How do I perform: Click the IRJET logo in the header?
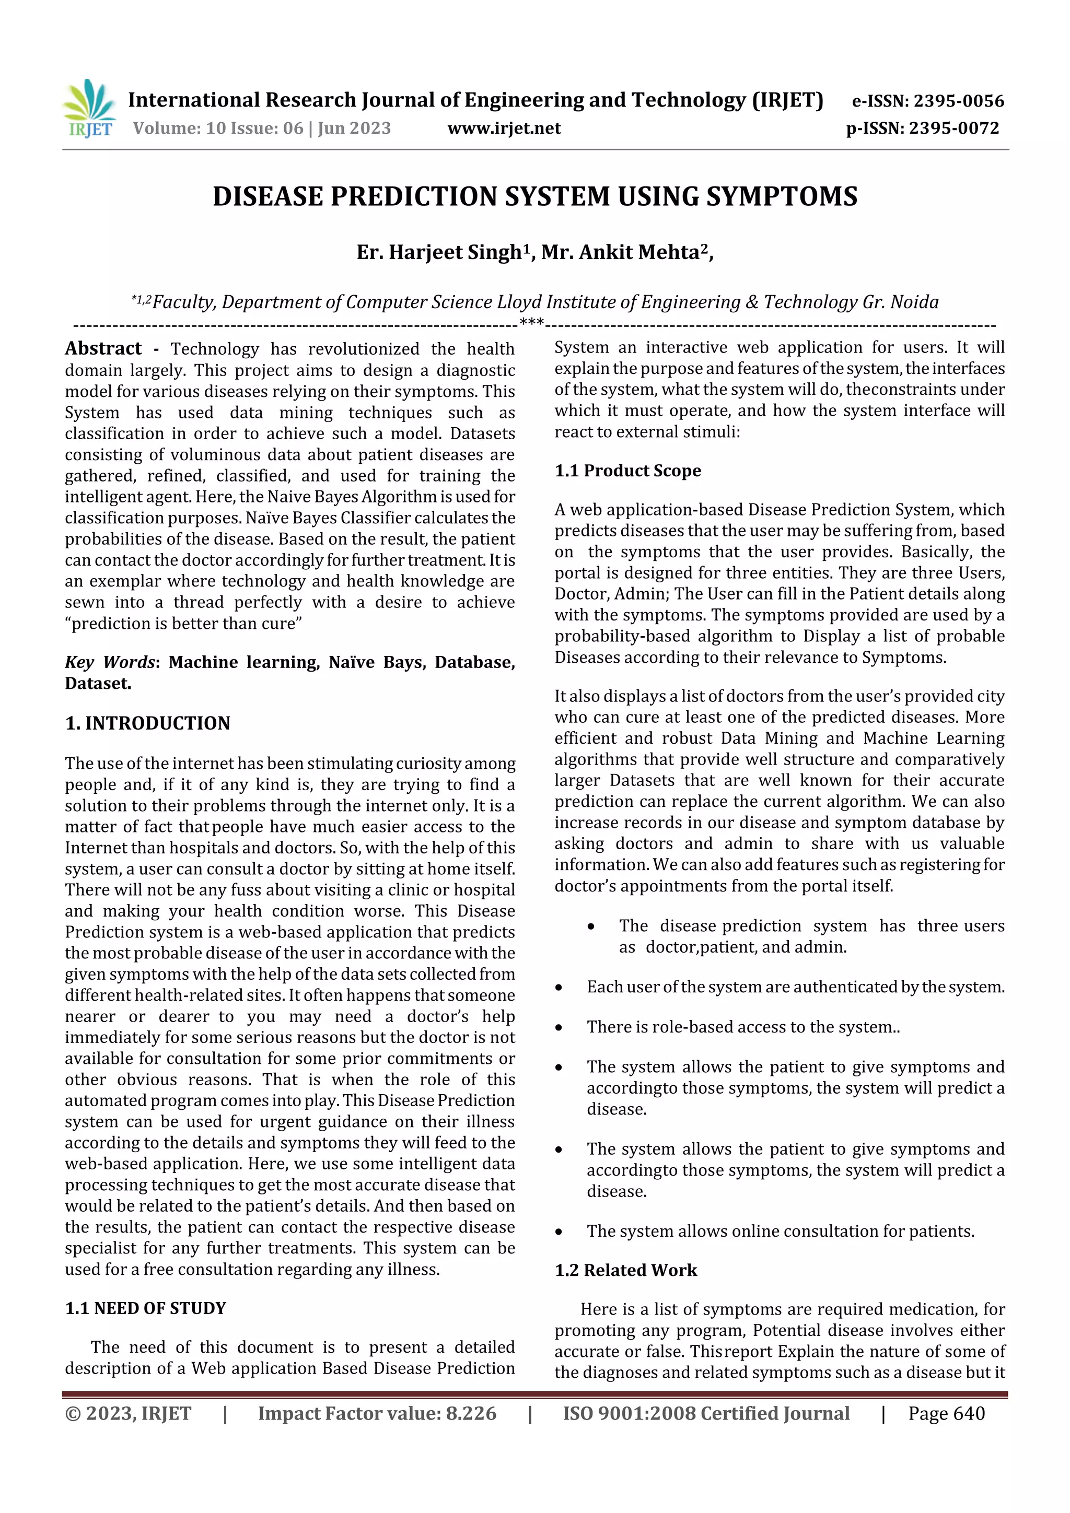(89, 109)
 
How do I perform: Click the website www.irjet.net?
(504, 128)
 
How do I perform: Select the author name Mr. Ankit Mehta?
(620, 252)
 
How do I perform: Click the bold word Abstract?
(103, 348)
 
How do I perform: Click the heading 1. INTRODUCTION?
(148, 723)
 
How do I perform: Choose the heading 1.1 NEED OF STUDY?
(146, 1308)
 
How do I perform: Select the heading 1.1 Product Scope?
(627, 471)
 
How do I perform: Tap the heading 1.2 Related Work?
(626, 1270)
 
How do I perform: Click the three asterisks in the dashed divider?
(531, 323)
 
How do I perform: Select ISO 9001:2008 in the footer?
(629, 1413)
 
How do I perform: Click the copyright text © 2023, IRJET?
(128, 1413)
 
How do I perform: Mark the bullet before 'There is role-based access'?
(559, 1028)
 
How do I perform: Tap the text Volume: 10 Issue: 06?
(217, 128)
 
